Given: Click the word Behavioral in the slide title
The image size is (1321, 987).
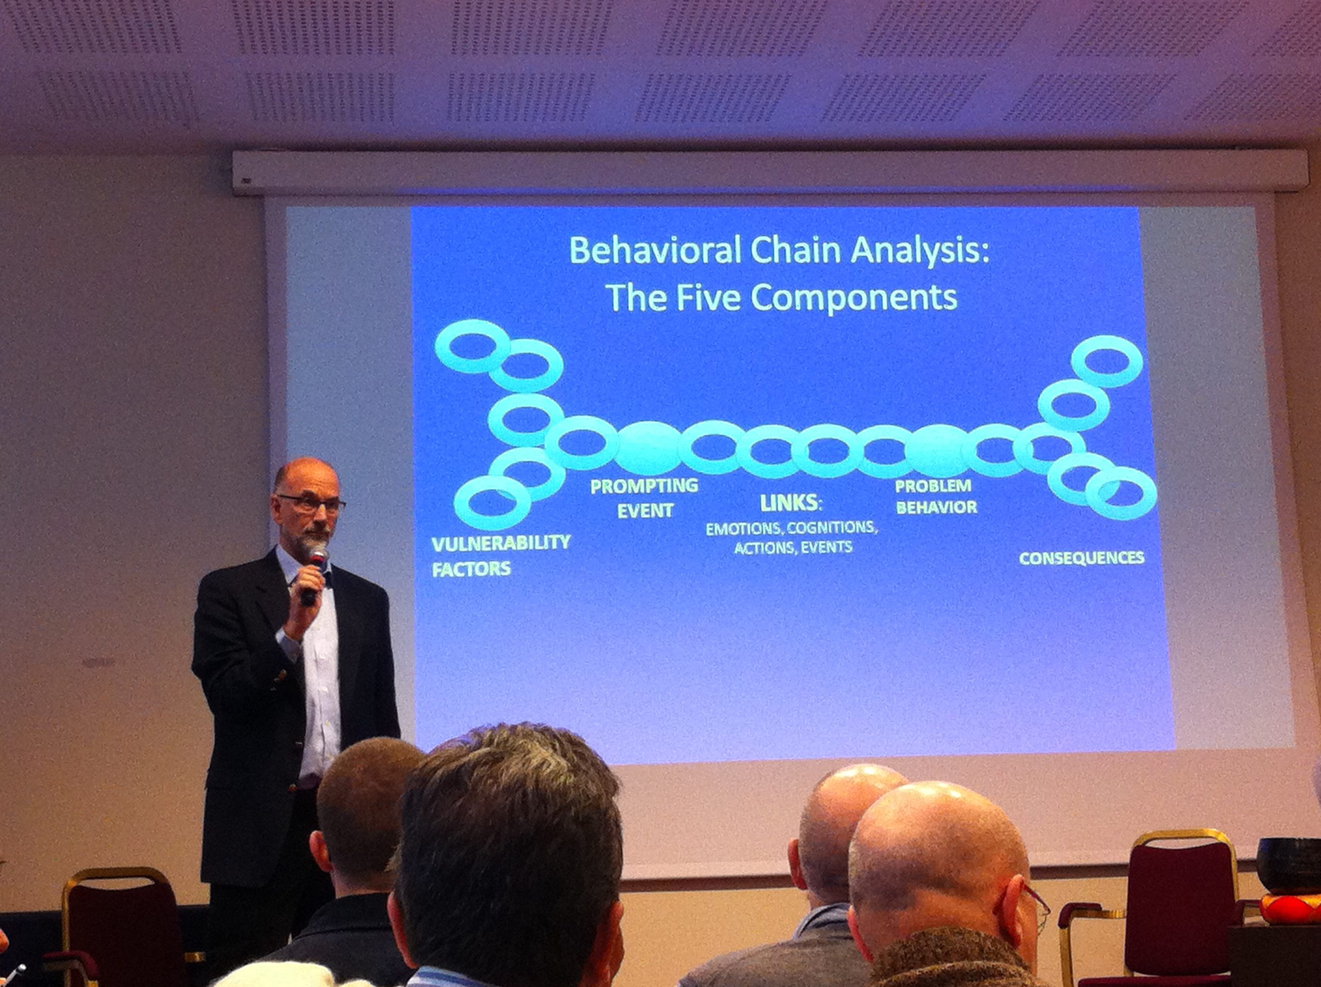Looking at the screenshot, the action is pyautogui.click(x=656, y=250).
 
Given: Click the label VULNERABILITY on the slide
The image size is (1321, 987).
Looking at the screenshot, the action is pyautogui.click(x=501, y=543).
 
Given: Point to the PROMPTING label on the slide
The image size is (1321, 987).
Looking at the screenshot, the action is pyautogui.click(x=644, y=486).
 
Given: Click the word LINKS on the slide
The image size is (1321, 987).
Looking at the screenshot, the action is pyautogui.click(x=789, y=503).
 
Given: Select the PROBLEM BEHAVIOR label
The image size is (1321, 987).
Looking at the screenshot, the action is pyautogui.click(x=936, y=497).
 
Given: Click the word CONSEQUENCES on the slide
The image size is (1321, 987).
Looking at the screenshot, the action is pyautogui.click(x=1081, y=558).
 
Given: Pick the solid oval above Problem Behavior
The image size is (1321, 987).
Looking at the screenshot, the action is pyautogui.click(x=939, y=451).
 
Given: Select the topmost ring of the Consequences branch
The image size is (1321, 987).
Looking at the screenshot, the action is pyautogui.click(x=1107, y=361).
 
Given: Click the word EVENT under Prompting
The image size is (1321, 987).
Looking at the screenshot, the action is pyautogui.click(x=645, y=511).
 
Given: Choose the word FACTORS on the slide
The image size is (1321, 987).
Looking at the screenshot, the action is pyautogui.click(x=471, y=569).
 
